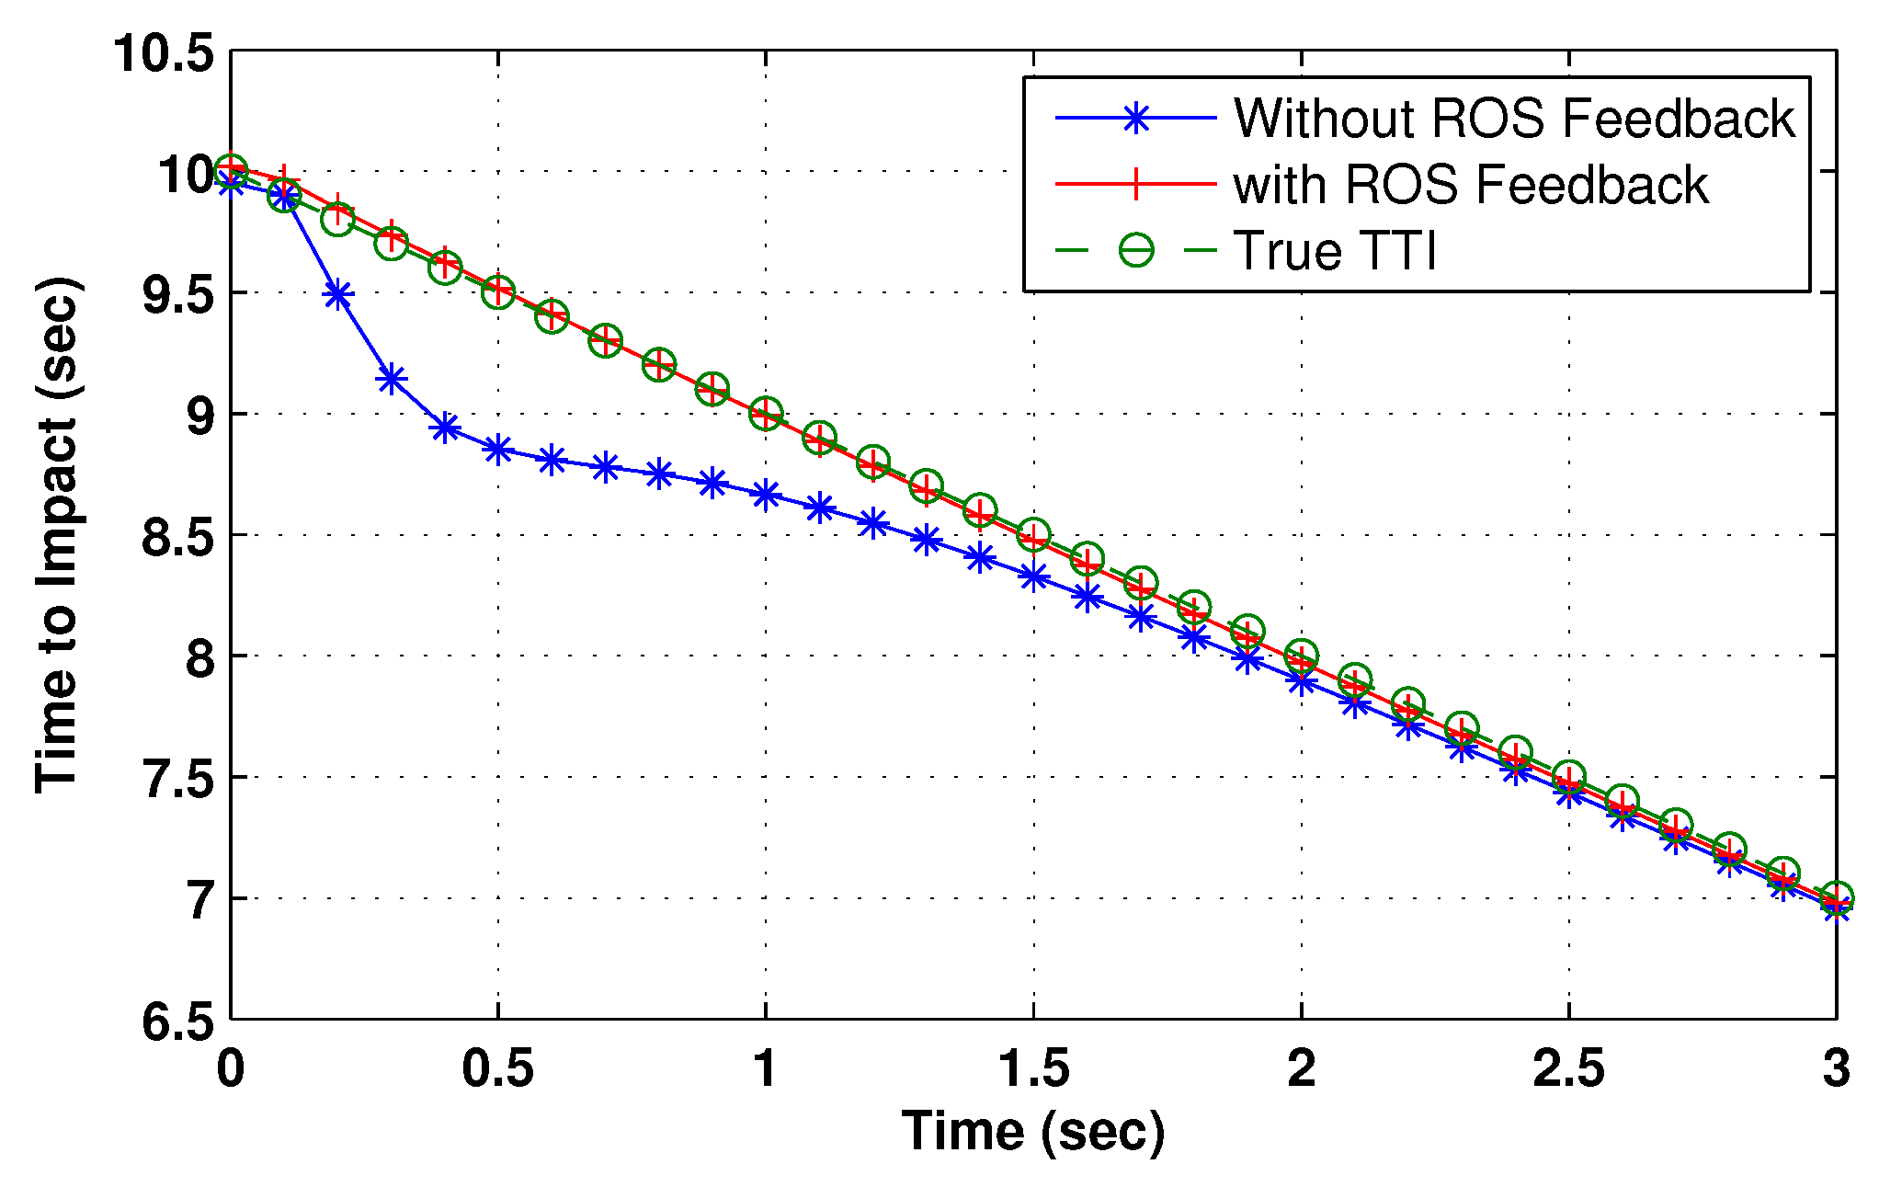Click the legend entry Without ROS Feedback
point(1513,119)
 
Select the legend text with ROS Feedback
point(1470,185)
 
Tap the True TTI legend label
point(1334,251)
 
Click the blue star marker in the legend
point(1136,119)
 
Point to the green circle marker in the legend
point(1136,251)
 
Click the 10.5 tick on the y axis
point(163,53)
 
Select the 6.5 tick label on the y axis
point(177,1022)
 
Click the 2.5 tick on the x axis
point(1568,1069)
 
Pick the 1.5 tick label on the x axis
point(1033,1069)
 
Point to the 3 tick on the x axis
point(1836,1069)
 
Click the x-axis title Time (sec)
point(1033,1131)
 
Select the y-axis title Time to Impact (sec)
point(57,535)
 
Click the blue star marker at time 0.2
point(338,295)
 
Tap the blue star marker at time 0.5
point(498,450)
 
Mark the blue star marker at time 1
point(766,495)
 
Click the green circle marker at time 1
point(766,413)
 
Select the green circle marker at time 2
point(1301,656)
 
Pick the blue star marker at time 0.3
point(392,379)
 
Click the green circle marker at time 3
point(1836,897)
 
